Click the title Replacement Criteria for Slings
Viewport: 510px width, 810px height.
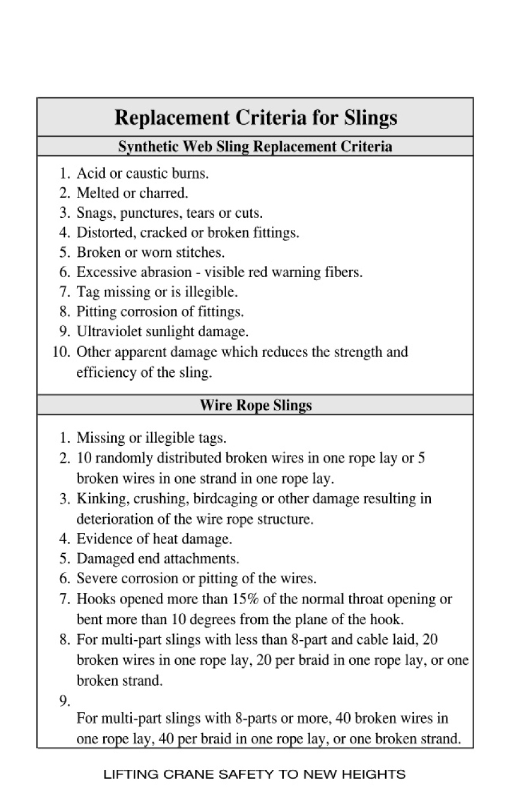[x=256, y=117]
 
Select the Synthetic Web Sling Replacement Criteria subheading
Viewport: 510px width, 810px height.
[x=255, y=146]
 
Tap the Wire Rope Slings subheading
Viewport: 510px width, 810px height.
[x=256, y=405]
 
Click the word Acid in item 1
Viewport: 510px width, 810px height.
[x=91, y=173]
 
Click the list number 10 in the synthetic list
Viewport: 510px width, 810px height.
[x=61, y=352]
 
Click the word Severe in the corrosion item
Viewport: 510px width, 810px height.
[x=96, y=578]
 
